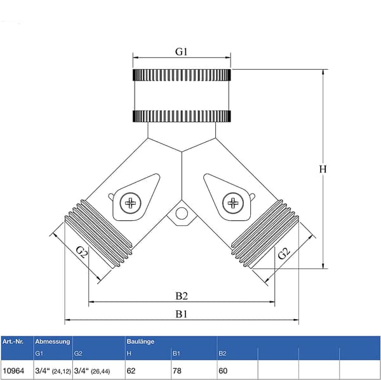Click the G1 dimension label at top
(181, 51)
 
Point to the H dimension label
(323, 169)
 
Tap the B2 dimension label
(182, 296)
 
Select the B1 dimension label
(182, 314)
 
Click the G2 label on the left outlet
(81, 252)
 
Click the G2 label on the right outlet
(284, 254)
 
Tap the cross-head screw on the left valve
(130, 203)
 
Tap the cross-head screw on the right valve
(233, 203)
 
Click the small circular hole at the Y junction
(182, 214)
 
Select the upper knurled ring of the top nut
(182, 75)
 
